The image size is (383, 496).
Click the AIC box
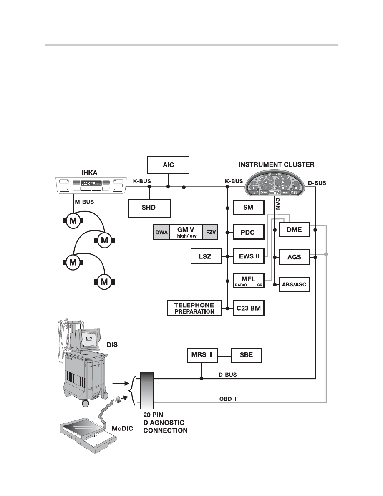click(169, 164)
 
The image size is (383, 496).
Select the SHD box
click(149, 208)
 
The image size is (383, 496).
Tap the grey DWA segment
click(161, 232)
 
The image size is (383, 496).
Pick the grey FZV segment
click(210, 232)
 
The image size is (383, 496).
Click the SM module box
click(249, 207)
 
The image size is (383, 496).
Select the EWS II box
click(249, 256)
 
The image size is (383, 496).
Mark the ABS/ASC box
click(295, 284)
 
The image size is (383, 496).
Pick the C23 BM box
click(249, 308)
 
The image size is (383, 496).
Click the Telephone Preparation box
click(194, 308)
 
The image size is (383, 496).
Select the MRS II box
click(202, 355)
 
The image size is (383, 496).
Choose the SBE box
click(247, 355)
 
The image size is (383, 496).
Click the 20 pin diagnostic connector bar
click(147, 390)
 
